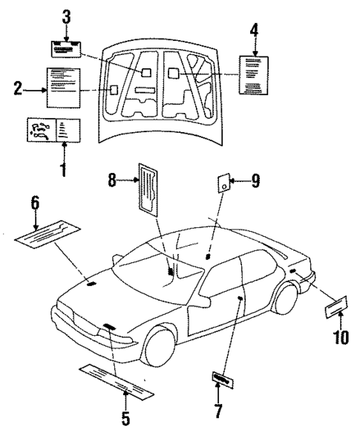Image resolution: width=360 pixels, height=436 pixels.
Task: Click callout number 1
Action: pos(62,170)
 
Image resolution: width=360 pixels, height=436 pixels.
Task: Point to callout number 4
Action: pos(254,30)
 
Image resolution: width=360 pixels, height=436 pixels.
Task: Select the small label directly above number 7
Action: pos(220,378)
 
